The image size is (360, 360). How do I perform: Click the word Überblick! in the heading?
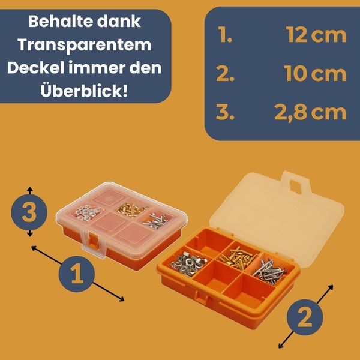point(84,91)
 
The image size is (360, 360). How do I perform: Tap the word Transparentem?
point(85,46)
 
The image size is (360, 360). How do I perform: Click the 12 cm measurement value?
point(316,35)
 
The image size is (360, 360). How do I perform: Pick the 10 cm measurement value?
point(315,73)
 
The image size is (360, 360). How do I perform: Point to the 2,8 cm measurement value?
point(310,113)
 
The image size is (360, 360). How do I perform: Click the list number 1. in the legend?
point(225,35)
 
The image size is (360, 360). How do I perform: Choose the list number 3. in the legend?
point(225,112)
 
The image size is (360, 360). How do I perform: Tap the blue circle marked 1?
point(76,274)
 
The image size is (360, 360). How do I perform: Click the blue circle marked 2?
point(305,317)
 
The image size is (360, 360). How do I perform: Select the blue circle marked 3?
point(29,212)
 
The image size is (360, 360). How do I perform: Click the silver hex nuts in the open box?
point(189,264)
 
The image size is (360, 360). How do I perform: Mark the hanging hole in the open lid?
point(295,186)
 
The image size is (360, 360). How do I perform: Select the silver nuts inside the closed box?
point(87,212)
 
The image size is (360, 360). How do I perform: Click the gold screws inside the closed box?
point(131,209)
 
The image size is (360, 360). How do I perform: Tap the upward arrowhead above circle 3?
point(29,190)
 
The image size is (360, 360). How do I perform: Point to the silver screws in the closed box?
point(155,221)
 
